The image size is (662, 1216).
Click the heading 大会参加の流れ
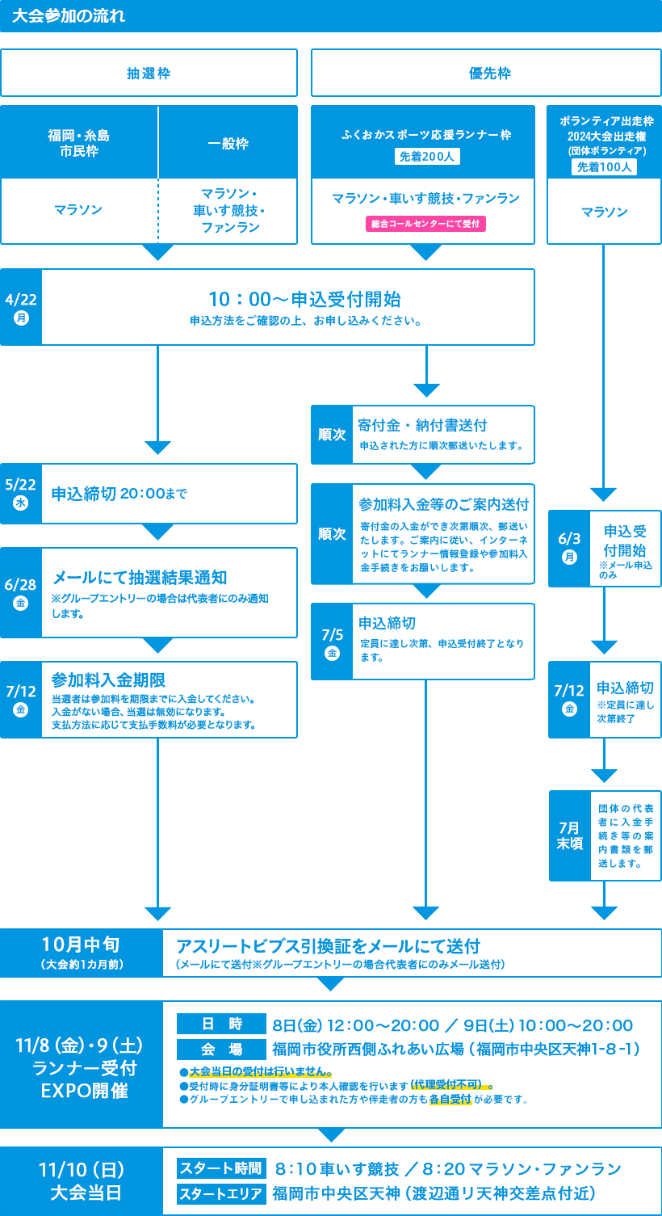pyautogui.click(x=69, y=15)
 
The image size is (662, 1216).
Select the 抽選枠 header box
pyautogui.click(x=149, y=73)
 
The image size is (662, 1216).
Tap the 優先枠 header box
pyautogui.click(x=486, y=73)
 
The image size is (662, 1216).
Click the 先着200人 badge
pyautogui.click(x=427, y=157)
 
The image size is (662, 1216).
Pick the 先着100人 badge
pyautogui.click(x=604, y=166)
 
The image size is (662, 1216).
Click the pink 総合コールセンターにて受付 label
pyautogui.click(x=425, y=224)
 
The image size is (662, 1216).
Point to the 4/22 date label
pyautogui.click(x=21, y=307)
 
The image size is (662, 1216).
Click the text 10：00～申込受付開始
pyautogui.click(x=305, y=299)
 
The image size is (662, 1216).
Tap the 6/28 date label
pyautogui.click(x=21, y=593)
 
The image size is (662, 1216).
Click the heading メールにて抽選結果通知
pyautogui.click(x=140, y=578)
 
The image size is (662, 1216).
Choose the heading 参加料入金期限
pyautogui.click(x=108, y=680)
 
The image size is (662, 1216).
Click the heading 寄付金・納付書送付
pyautogui.click(x=422, y=425)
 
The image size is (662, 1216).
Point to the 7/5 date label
pyautogui.click(x=332, y=642)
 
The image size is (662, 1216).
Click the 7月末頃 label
pyautogui.click(x=570, y=835)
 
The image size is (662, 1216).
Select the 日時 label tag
pyautogui.click(x=221, y=1024)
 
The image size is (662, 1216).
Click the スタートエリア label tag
pyautogui.click(x=221, y=1193)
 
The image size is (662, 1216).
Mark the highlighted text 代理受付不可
pyautogui.click(x=446, y=1083)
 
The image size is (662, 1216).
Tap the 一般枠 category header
pyautogui.click(x=228, y=142)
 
